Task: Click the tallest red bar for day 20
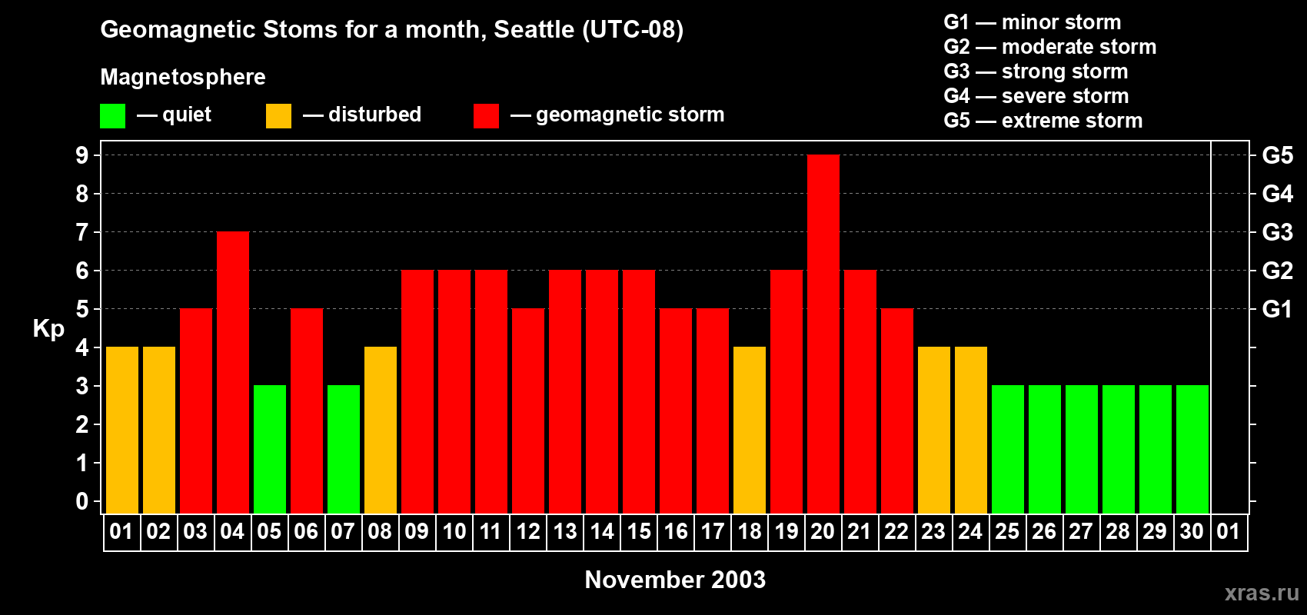[x=823, y=334]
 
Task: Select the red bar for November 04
[x=233, y=373]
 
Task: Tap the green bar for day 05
[x=270, y=450]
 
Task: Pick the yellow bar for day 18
[x=750, y=430]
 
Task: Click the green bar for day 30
[x=1192, y=450]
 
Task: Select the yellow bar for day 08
[x=381, y=430]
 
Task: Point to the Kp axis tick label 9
[x=82, y=155]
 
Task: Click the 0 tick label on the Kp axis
[x=82, y=502]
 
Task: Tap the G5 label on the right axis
[x=1277, y=155]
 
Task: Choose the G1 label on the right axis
[x=1277, y=309]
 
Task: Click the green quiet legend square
[x=113, y=116]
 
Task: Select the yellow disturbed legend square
[x=278, y=116]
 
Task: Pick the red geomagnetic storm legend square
[x=486, y=116]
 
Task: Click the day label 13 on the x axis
[x=565, y=531]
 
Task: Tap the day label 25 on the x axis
[x=1007, y=531]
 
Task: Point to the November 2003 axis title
[x=675, y=580]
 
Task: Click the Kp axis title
[x=48, y=329]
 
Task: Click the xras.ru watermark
[x=1262, y=593]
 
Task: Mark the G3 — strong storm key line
[x=1036, y=71]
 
